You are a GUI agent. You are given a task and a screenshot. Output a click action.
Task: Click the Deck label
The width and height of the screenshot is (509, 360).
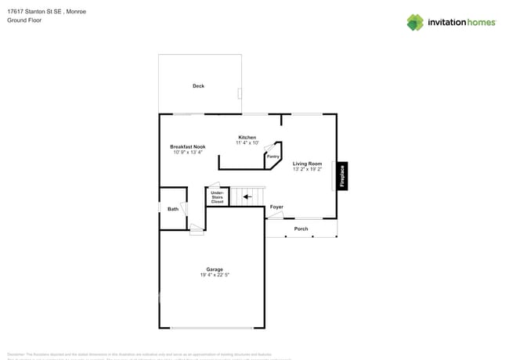pyautogui.click(x=198, y=86)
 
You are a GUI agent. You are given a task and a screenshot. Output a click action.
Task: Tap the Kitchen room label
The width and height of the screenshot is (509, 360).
pyautogui.click(x=247, y=138)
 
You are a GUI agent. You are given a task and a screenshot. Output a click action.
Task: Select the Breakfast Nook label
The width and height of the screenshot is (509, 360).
pyautogui.click(x=188, y=146)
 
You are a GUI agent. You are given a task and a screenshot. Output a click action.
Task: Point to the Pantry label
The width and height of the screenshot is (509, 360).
pyautogui.click(x=273, y=157)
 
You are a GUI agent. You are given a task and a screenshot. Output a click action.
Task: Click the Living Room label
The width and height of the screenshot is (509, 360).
pyautogui.click(x=308, y=164)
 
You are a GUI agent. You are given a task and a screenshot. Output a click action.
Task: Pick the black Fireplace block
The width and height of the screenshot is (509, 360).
pyautogui.click(x=342, y=176)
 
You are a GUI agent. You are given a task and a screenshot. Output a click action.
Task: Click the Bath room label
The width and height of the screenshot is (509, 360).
pyautogui.click(x=173, y=209)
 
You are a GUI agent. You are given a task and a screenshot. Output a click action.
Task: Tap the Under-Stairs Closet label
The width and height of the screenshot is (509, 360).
pyautogui.click(x=217, y=197)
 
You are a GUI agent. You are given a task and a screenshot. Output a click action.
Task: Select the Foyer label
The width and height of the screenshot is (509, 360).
pyautogui.click(x=276, y=207)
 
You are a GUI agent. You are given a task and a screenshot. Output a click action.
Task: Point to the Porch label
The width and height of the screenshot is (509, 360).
pyautogui.click(x=301, y=229)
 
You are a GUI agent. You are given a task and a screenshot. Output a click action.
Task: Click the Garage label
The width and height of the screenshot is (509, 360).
pyautogui.click(x=215, y=269)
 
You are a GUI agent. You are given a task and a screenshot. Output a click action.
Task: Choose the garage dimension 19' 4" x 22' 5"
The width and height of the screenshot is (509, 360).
pyautogui.click(x=215, y=275)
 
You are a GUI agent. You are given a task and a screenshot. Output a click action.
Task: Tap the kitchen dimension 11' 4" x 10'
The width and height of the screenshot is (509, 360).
pyautogui.click(x=247, y=143)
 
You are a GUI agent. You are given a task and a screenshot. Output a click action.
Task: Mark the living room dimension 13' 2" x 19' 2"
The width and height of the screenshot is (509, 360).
pyautogui.click(x=308, y=169)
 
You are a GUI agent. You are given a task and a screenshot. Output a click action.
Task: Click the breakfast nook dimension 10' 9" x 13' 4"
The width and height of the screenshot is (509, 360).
pyautogui.click(x=188, y=152)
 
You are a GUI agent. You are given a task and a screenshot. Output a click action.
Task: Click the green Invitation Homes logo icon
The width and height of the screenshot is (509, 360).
pyautogui.click(x=415, y=22)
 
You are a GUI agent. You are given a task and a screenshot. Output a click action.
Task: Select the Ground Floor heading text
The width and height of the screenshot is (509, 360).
pyautogui.click(x=24, y=20)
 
